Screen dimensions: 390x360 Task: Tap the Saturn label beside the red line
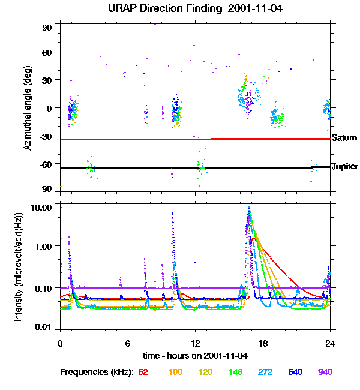[x=344, y=138]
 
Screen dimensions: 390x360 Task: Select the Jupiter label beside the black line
[x=344, y=166]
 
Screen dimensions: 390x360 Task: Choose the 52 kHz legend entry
[x=143, y=372]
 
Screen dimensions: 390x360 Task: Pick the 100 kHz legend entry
[x=175, y=372]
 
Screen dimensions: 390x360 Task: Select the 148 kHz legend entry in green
[x=235, y=372]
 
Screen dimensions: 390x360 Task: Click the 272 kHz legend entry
[x=265, y=372]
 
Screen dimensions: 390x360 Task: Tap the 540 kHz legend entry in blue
[x=295, y=372]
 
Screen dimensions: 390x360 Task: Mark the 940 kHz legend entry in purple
[x=325, y=372]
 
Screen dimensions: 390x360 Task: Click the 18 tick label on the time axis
[x=262, y=343]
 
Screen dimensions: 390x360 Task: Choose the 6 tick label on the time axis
[x=128, y=343]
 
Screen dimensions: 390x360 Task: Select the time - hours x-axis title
[x=195, y=355]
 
